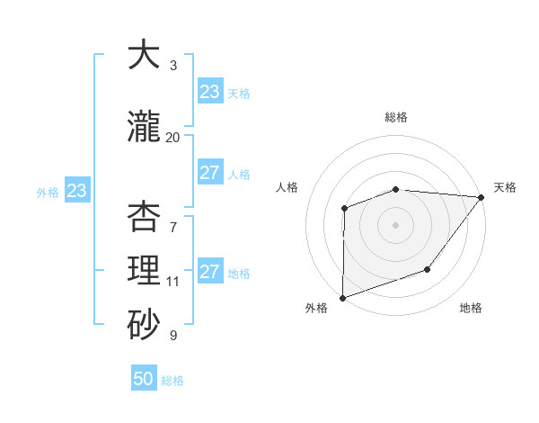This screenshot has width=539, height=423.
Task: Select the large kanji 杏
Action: (x=144, y=218)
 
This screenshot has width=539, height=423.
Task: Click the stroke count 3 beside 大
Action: (x=173, y=66)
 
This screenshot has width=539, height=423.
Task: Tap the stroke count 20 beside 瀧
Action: (x=173, y=137)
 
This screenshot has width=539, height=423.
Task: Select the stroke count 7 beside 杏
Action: (x=173, y=217)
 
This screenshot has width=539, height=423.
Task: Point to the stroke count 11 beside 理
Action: (x=173, y=282)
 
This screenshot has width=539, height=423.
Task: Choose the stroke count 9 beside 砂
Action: (x=173, y=336)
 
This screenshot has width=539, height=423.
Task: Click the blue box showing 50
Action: (x=144, y=379)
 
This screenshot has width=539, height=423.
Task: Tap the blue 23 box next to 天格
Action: (x=210, y=92)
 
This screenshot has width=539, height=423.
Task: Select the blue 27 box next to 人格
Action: (x=210, y=173)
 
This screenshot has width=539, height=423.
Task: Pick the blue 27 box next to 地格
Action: (x=210, y=272)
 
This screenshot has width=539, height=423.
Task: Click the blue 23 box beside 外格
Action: (x=76, y=191)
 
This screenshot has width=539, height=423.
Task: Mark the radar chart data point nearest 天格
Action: (x=482, y=197)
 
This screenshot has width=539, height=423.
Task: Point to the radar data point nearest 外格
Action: (x=342, y=298)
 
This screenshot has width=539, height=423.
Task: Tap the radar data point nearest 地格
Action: (x=428, y=269)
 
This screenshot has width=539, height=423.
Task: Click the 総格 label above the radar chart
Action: (x=396, y=117)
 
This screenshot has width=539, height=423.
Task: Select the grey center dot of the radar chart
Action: (x=395, y=224)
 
